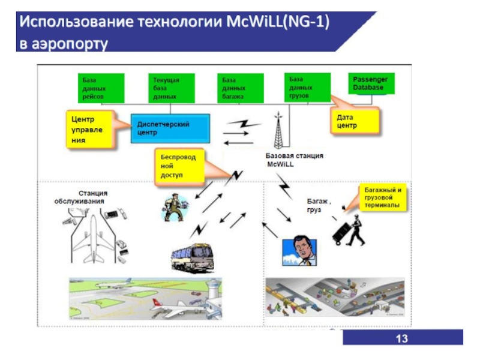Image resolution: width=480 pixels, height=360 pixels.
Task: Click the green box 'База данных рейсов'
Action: click(101, 88)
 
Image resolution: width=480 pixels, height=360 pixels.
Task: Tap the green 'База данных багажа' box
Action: click(240, 88)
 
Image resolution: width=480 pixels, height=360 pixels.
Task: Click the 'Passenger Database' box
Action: click(373, 84)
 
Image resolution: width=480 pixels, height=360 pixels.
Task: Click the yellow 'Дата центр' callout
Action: click(355, 121)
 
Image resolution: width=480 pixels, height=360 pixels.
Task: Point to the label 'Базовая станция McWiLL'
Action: click(294, 160)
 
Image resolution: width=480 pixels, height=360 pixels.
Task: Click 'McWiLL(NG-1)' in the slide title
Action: click(279, 24)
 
